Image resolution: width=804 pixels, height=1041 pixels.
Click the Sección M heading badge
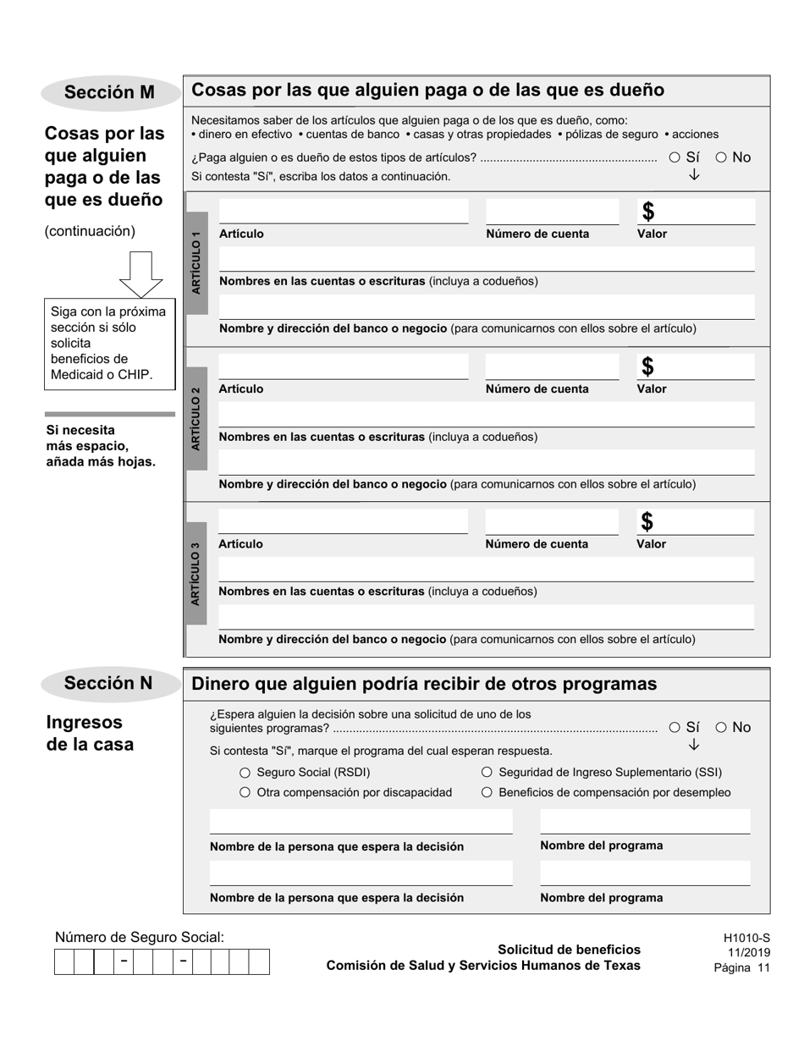pos(109,92)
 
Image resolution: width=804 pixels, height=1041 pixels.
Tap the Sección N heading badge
pos(109,683)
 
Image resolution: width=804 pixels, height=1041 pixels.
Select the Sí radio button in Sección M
pos(675,157)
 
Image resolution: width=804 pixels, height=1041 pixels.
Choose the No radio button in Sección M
pos(721,157)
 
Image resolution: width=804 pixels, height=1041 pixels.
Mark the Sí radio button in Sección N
pos(675,727)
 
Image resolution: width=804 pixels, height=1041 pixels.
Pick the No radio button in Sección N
pos(721,727)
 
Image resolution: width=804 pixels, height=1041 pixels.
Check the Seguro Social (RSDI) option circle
pos(245,773)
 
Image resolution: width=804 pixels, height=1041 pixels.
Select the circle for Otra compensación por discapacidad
pos(245,793)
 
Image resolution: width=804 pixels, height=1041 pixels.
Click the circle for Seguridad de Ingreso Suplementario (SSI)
pos(487,773)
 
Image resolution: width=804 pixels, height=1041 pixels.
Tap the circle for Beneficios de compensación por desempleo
pos(487,793)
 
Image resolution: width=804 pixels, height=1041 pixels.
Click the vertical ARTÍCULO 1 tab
pos(196,263)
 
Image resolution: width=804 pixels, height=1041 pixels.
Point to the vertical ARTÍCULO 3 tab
pos(196,574)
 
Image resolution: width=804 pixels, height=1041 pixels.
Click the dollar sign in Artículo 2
pos(647,366)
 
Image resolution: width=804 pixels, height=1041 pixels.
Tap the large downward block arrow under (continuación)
pos(140,273)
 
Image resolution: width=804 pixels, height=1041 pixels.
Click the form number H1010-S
pos(746,938)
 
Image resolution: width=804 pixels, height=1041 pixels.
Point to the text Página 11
pos(741,968)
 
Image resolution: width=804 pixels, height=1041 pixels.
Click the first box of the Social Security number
pos(64,962)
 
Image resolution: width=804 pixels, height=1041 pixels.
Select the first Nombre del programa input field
pos(645,822)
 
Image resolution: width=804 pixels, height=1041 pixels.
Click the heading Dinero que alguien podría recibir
pos(424,684)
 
